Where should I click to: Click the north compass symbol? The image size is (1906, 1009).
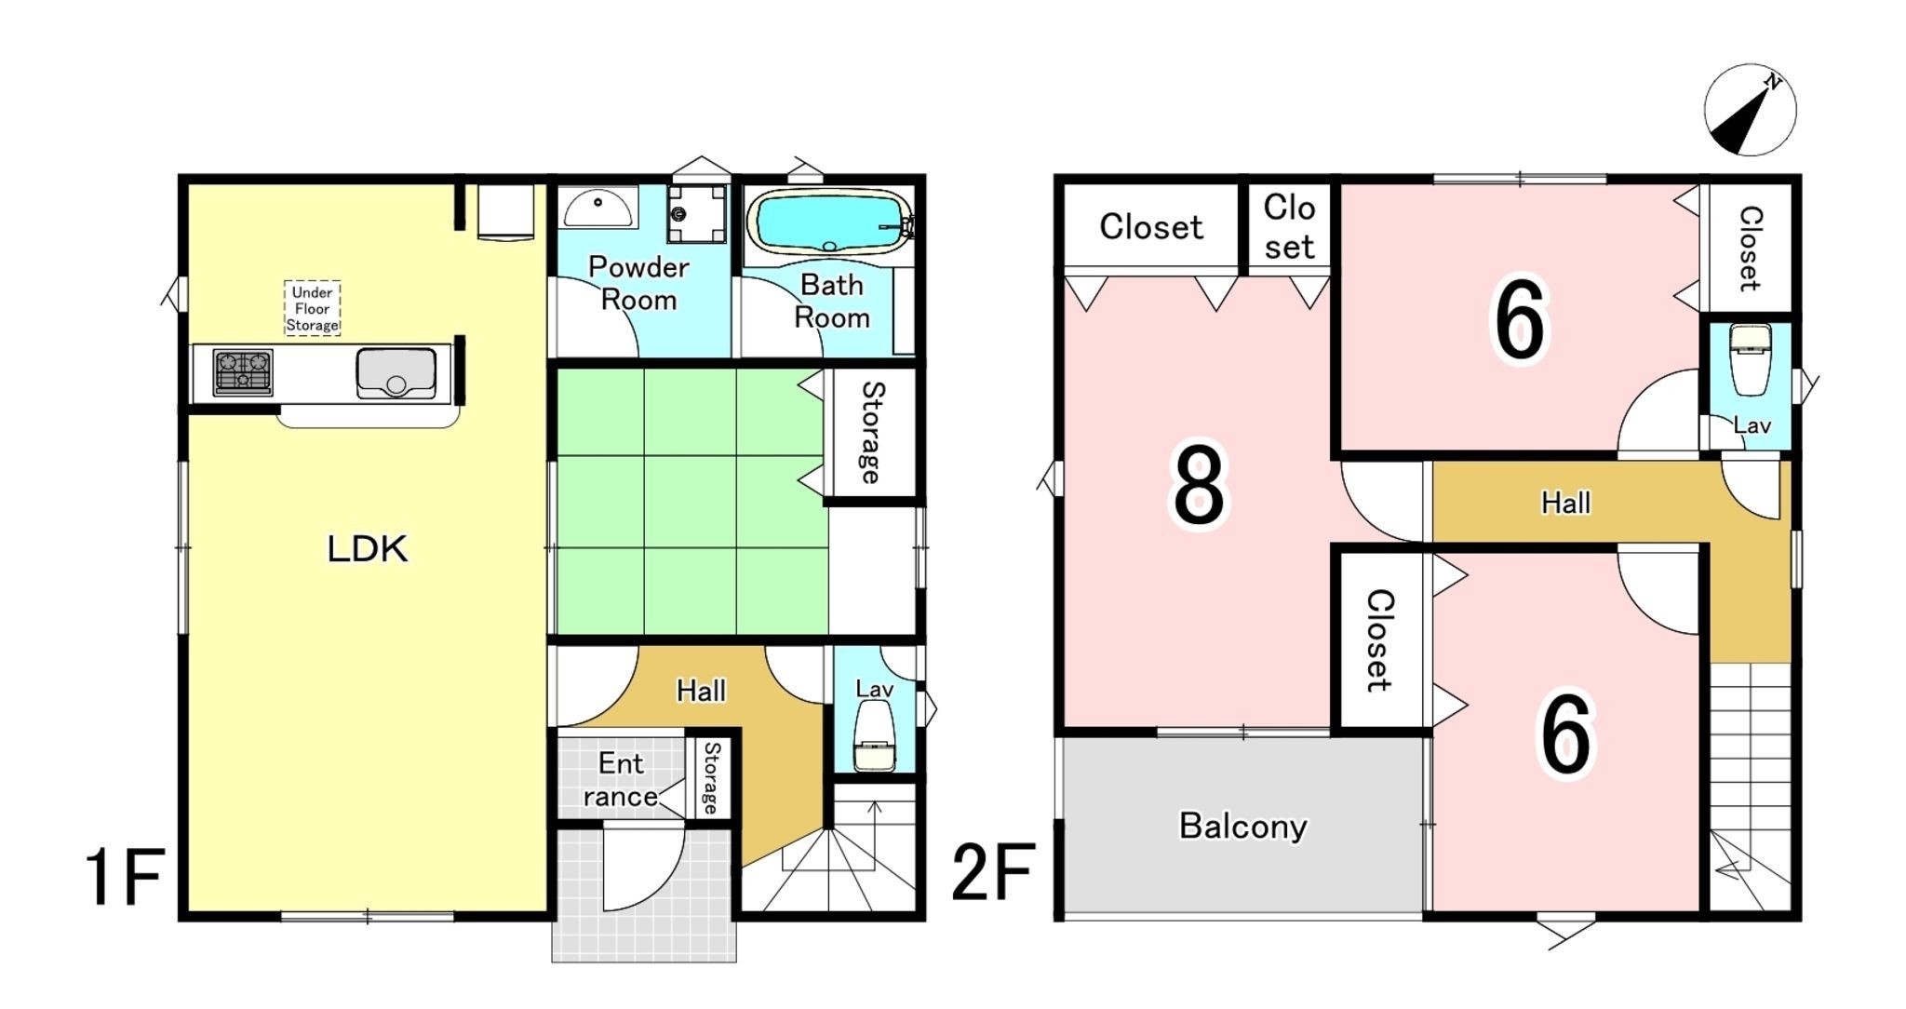(1750, 111)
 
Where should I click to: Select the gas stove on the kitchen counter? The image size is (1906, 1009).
(243, 371)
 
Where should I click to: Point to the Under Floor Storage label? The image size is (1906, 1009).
(312, 308)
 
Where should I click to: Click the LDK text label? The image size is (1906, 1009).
(368, 549)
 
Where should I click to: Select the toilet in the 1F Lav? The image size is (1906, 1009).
(874, 735)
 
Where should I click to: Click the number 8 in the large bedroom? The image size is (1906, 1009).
(1199, 486)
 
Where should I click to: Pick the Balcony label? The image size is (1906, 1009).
(1243, 827)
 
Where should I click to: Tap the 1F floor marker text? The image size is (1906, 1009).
(125, 877)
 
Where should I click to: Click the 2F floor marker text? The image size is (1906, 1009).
(993, 872)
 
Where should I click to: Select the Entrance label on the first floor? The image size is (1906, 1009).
(621, 780)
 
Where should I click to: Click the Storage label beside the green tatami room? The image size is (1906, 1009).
(871, 432)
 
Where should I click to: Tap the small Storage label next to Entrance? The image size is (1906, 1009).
(711, 778)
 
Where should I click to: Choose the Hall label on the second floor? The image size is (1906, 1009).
(1566, 504)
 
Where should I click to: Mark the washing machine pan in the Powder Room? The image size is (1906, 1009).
(696, 213)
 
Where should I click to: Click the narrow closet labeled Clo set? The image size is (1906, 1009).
(1289, 227)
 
